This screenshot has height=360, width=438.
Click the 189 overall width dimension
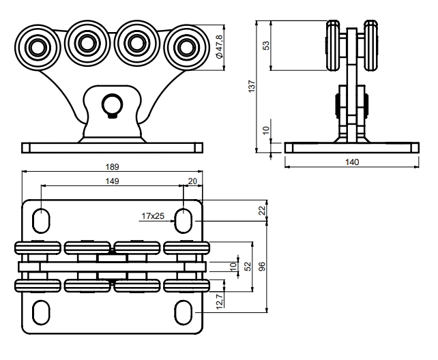[x=112, y=166]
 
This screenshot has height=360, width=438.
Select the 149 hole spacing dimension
[x=112, y=181]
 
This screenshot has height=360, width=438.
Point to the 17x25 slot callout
[x=154, y=216]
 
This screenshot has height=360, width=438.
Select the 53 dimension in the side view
[x=267, y=45]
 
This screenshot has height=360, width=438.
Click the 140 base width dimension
[x=351, y=162]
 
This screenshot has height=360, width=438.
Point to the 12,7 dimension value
[x=218, y=300]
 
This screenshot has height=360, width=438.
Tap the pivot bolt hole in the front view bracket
[x=111, y=104]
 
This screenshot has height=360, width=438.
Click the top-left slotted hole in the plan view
[x=40, y=220]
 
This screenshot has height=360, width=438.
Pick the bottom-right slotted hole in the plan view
[x=184, y=312]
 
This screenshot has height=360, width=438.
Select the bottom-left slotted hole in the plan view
[x=40, y=312]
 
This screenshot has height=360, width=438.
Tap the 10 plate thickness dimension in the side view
[x=267, y=127]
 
